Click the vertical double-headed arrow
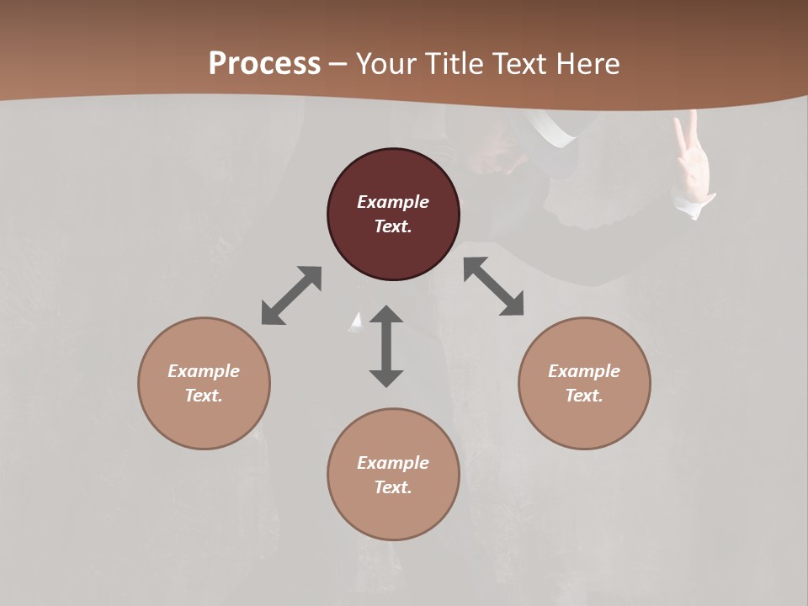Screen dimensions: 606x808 point(386,346)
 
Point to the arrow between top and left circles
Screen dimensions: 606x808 point(291,295)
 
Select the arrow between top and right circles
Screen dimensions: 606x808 point(493,286)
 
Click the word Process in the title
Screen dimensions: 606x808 point(264,64)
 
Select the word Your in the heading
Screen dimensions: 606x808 point(387,64)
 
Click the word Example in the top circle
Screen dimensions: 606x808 point(393,202)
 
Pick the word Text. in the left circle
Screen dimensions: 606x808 point(204,396)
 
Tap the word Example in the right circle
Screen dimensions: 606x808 point(584,371)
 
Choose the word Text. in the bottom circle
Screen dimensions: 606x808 point(393,487)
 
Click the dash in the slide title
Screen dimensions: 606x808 point(338,64)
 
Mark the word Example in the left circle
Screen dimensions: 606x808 point(204,371)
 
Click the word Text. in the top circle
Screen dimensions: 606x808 point(393,226)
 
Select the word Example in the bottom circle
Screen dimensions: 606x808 point(393,463)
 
